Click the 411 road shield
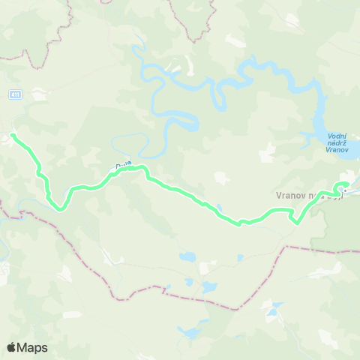pyautogui.click(x=16, y=94)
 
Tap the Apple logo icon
pyautogui.click(x=12, y=347)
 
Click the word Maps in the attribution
pyautogui.click(x=32, y=347)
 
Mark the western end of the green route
pyautogui.click(x=13, y=135)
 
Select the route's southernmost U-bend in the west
pyautogui.click(x=58, y=209)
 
